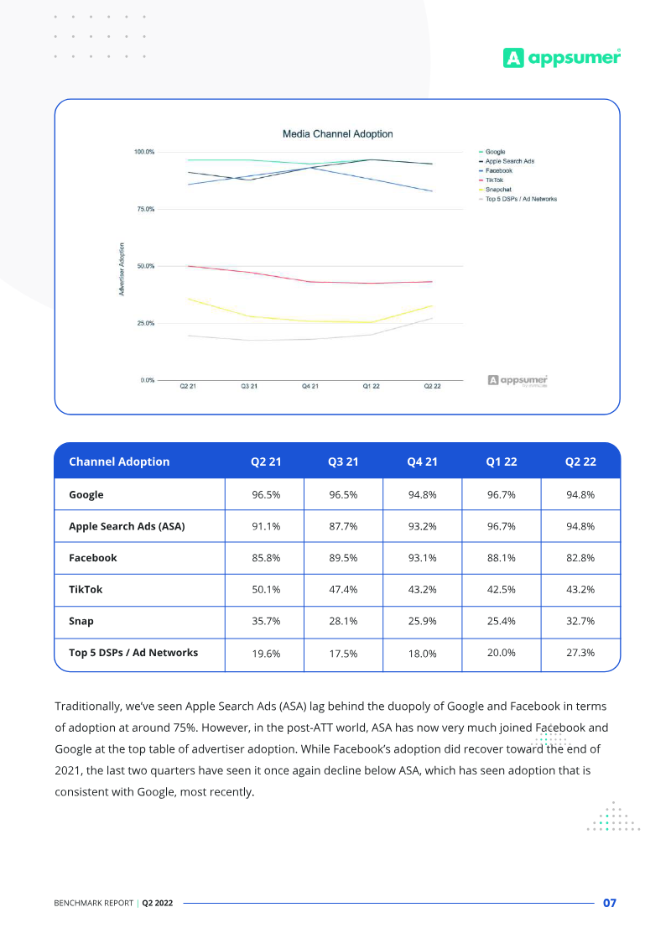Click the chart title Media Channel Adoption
click(337, 134)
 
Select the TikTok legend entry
click(494, 180)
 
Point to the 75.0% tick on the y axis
click(144, 209)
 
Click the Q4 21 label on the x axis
click(310, 387)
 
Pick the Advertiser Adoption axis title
click(122, 268)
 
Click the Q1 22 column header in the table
click(501, 461)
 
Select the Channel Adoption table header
click(119, 461)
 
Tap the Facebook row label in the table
click(93, 558)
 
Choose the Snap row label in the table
click(81, 622)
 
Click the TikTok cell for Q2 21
click(265, 590)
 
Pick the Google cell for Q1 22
click(501, 495)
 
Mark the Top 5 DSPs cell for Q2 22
click(580, 653)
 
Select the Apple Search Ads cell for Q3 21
click(344, 527)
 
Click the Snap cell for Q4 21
click(422, 622)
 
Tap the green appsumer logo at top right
click(561, 57)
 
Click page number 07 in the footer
click(610, 903)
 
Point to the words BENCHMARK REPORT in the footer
click(93, 904)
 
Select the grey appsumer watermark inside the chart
click(518, 380)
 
